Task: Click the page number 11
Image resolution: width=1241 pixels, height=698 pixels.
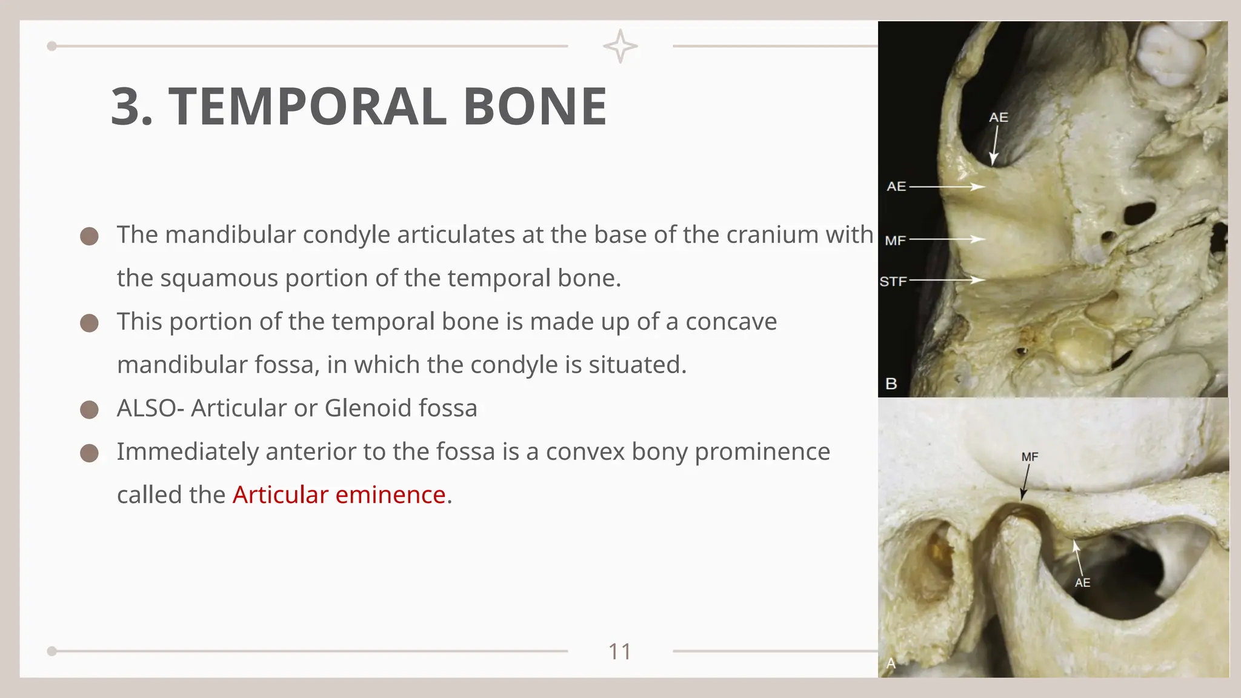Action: pos(619,652)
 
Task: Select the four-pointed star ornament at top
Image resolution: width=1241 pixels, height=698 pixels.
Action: pos(620,46)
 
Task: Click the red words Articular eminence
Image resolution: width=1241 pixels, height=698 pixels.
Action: pos(339,495)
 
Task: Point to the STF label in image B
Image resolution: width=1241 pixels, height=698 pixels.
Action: pos(893,281)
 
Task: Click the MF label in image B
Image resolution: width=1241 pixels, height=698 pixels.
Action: pos(895,241)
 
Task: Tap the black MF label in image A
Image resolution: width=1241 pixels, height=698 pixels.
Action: pos(1030,457)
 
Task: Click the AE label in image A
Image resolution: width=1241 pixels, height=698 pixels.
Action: pos(1082,583)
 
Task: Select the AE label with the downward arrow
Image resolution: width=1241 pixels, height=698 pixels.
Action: pos(999,118)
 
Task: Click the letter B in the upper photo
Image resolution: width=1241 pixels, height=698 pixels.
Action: pos(891,384)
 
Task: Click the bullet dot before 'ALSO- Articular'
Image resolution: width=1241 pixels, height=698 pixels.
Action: pos(89,410)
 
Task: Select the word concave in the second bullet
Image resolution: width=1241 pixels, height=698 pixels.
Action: pos(731,322)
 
